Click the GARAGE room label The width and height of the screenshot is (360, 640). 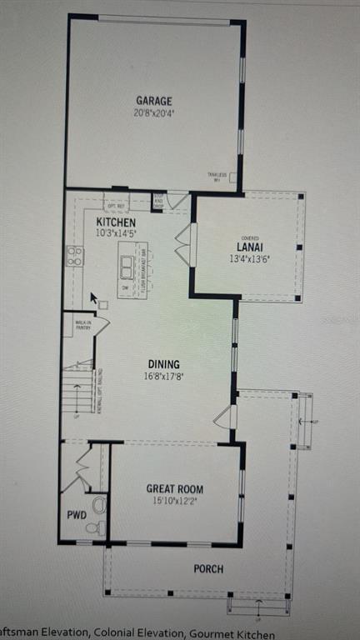tap(154, 101)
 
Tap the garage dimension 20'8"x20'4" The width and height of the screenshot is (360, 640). tap(154, 112)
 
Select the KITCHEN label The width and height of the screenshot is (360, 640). tap(115, 222)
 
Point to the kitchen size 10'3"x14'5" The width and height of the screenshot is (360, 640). tap(115, 234)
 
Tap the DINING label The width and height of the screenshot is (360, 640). tap(163, 364)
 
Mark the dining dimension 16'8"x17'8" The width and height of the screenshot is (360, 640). tap(163, 376)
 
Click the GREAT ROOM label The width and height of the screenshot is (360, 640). tap(175, 489)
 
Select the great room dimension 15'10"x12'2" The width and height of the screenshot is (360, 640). tap(175, 501)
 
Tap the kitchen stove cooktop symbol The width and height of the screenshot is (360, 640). tap(74, 256)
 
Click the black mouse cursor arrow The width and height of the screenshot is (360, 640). tap(94, 297)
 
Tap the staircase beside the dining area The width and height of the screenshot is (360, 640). tap(78, 387)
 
